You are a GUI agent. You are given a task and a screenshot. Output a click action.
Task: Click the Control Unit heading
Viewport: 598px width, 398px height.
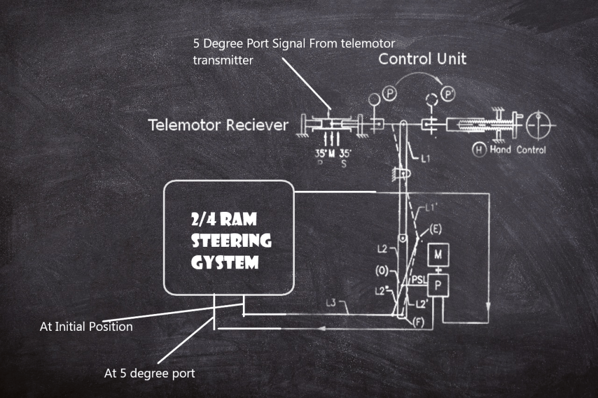(x=422, y=59)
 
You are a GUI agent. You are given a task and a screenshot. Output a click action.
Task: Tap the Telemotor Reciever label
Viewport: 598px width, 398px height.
(x=218, y=125)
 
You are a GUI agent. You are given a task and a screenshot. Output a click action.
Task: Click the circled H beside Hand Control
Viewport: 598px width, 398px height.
(x=479, y=150)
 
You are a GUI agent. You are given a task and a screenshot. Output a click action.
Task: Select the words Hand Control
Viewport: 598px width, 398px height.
(x=517, y=150)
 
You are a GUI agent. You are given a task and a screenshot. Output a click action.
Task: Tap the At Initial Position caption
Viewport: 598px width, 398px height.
(x=86, y=327)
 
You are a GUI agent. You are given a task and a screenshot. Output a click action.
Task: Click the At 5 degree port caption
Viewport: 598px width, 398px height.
(x=149, y=373)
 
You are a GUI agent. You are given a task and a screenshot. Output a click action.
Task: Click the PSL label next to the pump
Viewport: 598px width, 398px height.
(x=419, y=280)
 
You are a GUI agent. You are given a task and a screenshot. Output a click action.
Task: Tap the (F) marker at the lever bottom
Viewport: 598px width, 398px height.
(x=418, y=322)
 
